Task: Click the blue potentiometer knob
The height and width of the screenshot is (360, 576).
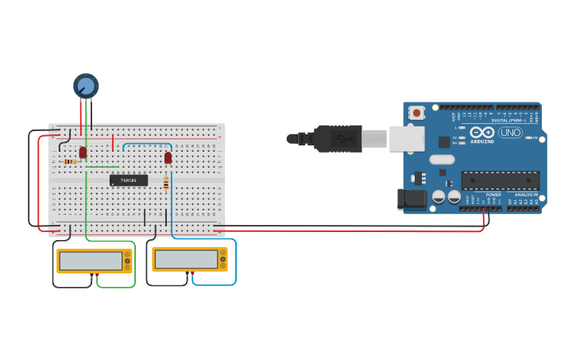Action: click(x=86, y=85)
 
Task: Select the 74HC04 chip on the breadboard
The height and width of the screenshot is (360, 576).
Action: click(x=129, y=180)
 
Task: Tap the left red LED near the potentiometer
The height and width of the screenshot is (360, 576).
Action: click(x=83, y=152)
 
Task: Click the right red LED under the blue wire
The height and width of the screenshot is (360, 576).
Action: click(x=168, y=157)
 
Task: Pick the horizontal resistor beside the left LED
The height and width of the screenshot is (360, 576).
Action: click(x=71, y=161)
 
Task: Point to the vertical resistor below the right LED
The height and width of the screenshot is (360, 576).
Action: click(x=165, y=184)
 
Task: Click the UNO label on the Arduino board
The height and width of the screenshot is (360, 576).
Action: click(x=510, y=132)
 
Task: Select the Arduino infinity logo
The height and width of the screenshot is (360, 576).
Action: click(x=482, y=132)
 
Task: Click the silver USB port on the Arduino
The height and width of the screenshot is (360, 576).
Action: click(x=406, y=138)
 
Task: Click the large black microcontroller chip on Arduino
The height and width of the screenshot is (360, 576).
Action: click(x=500, y=180)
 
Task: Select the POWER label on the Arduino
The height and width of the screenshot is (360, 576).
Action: click(x=493, y=195)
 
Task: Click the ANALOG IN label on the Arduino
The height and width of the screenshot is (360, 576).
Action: click(x=526, y=195)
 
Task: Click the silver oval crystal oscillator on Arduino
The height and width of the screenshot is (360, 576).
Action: click(x=442, y=160)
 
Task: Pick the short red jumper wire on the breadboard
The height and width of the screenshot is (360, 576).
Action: click(x=114, y=143)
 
